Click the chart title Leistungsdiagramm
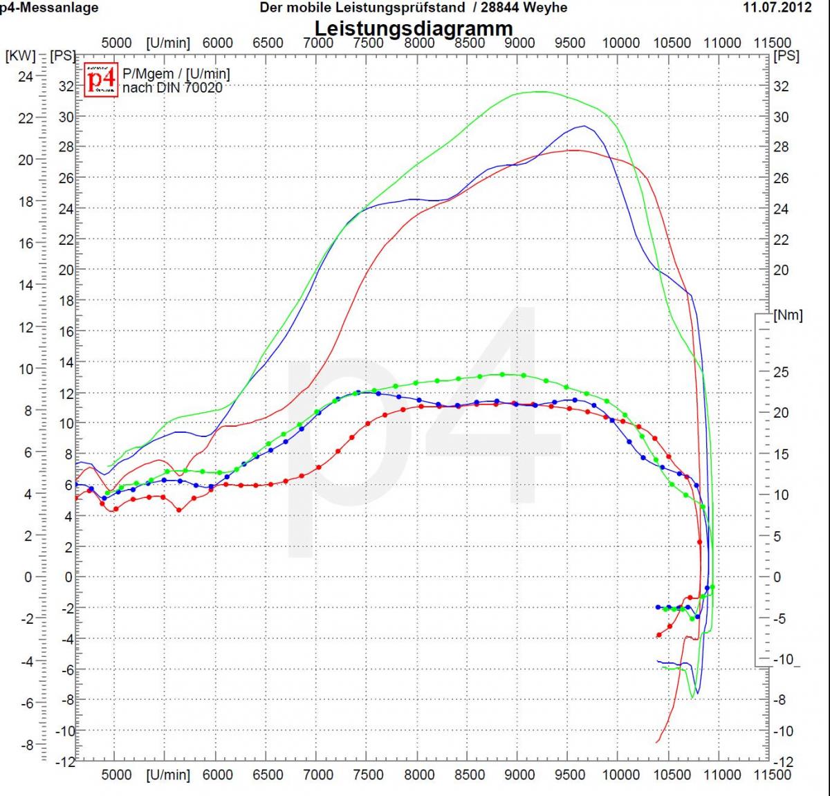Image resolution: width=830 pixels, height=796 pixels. (x=414, y=29)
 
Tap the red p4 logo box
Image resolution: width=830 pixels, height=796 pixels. (x=101, y=81)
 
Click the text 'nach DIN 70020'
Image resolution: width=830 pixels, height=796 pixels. (x=172, y=88)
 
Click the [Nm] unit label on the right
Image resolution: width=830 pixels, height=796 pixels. (x=788, y=315)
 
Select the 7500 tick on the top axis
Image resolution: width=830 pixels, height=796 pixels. (x=368, y=43)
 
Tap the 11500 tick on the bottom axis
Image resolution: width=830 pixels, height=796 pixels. (x=772, y=775)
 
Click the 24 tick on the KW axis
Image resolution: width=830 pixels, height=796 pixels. (x=25, y=76)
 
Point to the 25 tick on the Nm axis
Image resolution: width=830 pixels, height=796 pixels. (x=781, y=372)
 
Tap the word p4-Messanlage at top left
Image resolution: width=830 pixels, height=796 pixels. (x=48, y=8)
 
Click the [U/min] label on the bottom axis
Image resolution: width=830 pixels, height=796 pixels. (x=167, y=775)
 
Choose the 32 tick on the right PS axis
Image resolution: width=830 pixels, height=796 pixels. (x=781, y=86)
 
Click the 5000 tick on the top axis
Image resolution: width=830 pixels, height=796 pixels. (x=116, y=43)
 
